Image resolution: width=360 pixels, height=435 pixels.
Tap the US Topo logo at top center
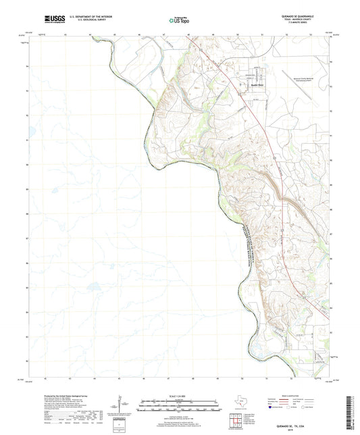coord(174,21)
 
